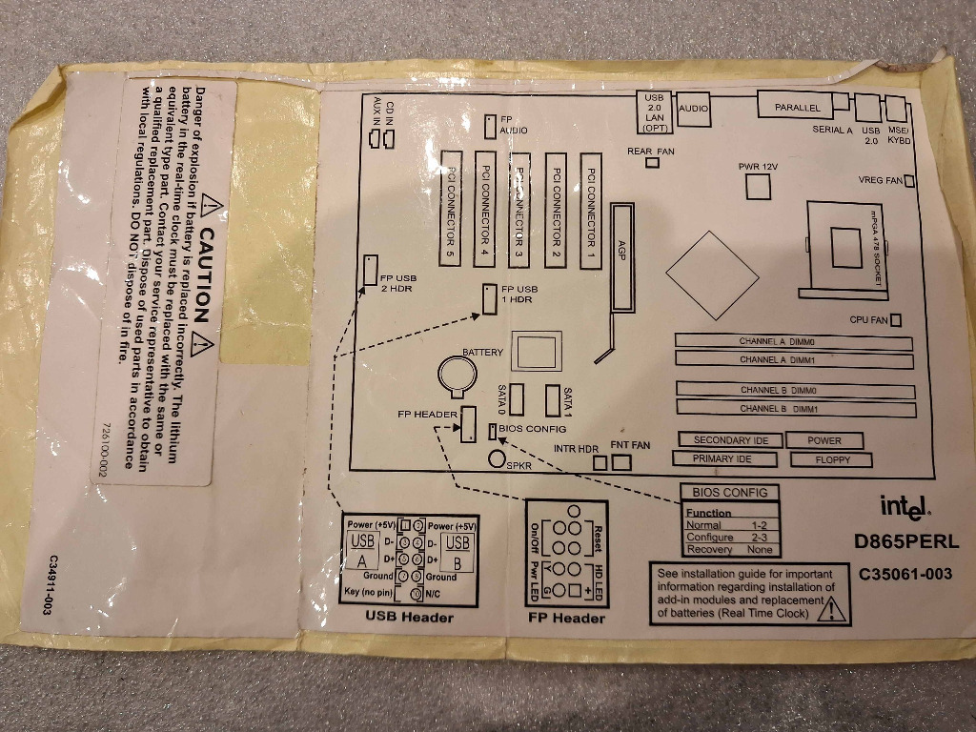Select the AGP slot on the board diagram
tap(623, 257)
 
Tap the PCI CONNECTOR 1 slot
tap(592, 210)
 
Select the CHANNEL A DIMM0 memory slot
tap(793, 341)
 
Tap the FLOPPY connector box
tap(831, 458)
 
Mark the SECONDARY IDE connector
tap(730, 440)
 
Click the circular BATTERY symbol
tap(458, 376)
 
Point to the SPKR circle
tap(497, 459)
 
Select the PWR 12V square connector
tap(758, 187)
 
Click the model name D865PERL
tap(906, 542)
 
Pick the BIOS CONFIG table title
tap(729, 493)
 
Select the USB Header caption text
tap(410, 617)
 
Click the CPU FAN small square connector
tap(895, 320)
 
